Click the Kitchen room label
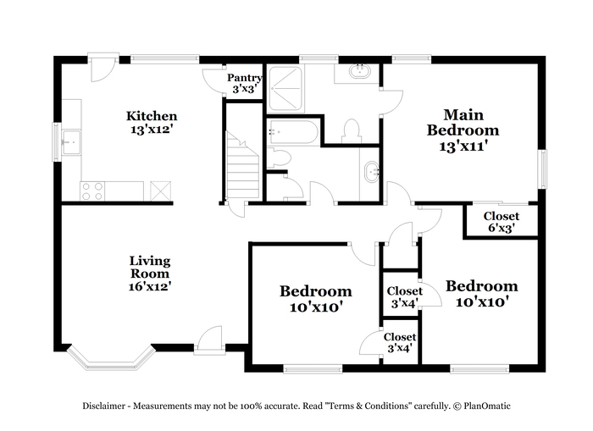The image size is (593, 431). click(x=152, y=116)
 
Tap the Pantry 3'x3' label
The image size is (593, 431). click(x=244, y=83)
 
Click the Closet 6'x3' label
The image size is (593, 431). click(x=502, y=222)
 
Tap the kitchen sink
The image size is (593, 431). click(x=71, y=142)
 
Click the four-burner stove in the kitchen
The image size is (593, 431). click(x=92, y=191)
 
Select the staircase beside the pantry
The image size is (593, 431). click(x=242, y=165)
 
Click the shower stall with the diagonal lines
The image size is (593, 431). click(x=285, y=89)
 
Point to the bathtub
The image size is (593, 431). click(x=294, y=132)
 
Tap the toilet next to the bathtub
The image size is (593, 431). click(x=279, y=157)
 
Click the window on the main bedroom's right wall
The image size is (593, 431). click(x=543, y=169)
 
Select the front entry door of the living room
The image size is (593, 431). click(x=209, y=340)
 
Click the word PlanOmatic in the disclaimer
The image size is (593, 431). click(x=487, y=406)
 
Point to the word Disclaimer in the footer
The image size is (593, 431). click(x=104, y=406)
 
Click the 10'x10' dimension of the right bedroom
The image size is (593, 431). click(x=481, y=302)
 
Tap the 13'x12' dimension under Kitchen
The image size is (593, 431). click(x=152, y=130)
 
